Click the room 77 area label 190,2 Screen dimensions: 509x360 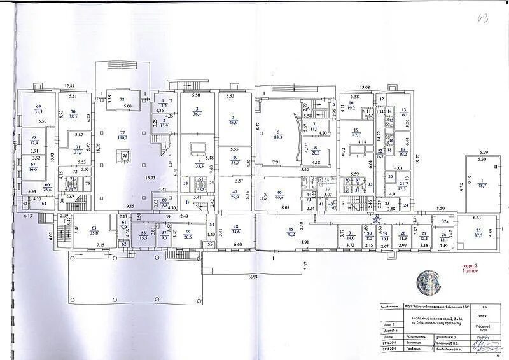(123, 137)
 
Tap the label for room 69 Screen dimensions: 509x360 (38, 109)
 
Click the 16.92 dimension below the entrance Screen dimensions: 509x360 (253, 277)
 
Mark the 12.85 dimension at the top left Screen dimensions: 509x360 (69, 86)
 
